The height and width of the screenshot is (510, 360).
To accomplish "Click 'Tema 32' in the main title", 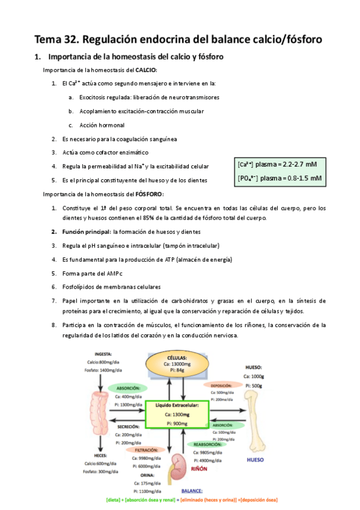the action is (x=55, y=40).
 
